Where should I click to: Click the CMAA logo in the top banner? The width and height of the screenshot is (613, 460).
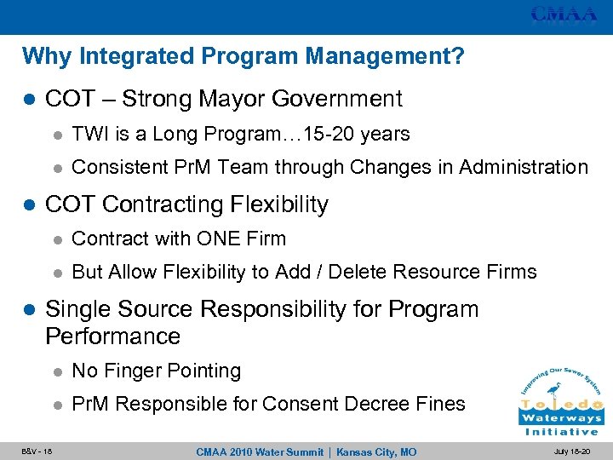(564, 14)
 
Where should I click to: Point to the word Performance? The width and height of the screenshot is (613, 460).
(112, 336)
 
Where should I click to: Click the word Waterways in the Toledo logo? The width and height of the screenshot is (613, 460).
(561, 419)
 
